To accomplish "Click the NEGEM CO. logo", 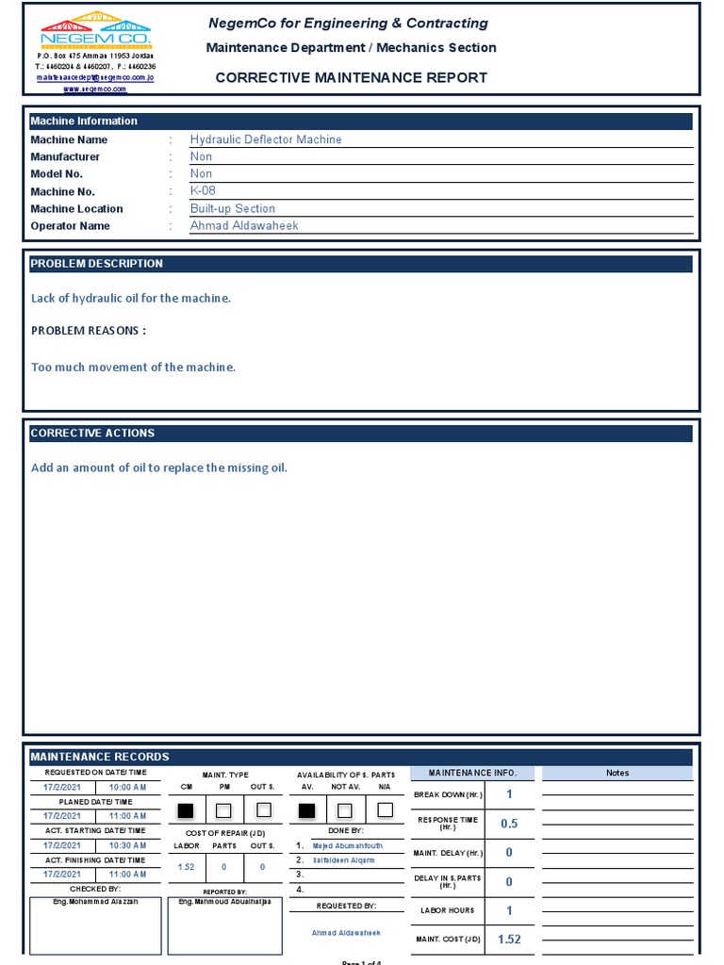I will pos(95,32).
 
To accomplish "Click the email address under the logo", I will pos(95,77).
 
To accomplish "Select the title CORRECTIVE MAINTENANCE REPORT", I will pos(351,77).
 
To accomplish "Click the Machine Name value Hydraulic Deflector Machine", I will pos(266,139).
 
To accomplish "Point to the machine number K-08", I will pos(203,190).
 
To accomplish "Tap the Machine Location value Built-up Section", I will pos(233,208).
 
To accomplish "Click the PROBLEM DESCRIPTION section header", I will pos(97,264).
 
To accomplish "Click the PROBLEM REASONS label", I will pos(89,331).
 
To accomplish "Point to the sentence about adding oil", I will pos(159,467).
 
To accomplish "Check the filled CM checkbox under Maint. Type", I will pos(186,810).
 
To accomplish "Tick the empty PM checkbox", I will pos(223,810).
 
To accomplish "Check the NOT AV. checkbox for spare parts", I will pos(345,810).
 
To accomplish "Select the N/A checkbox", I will pos(385,810).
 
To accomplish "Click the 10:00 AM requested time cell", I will pos(128,787).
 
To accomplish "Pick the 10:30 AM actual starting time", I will pos(128,845).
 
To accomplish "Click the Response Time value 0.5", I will pos(509,824).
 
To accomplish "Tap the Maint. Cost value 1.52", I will pos(509,940).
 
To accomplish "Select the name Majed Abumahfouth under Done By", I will pos(348,846).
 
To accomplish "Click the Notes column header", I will pos(617,773).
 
